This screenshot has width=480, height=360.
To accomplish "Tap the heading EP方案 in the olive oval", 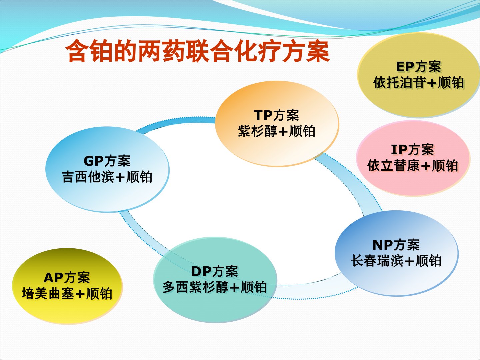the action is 419,67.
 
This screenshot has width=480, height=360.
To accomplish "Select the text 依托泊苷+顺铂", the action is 419,83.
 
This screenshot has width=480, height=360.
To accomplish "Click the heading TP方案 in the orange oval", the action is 276,115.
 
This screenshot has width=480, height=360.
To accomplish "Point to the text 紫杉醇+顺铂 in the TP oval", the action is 276,131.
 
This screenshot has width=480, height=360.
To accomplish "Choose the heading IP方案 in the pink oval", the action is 412,150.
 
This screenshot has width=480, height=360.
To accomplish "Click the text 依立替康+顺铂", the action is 412,165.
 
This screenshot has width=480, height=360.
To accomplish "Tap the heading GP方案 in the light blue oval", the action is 107,161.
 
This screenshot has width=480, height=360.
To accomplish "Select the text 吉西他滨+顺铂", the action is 107,177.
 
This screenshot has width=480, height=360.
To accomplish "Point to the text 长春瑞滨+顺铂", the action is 396,261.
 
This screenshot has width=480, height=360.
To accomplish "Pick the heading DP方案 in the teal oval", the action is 215,271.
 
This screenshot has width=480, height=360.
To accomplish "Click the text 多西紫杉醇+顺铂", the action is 215,287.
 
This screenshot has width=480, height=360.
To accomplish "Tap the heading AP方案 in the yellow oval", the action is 67,278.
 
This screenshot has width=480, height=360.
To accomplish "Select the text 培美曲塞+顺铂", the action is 67,293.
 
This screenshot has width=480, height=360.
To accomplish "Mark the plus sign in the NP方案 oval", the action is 409,261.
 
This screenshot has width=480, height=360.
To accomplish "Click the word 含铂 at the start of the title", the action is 89,51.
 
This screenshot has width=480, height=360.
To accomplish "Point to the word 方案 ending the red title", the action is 306,51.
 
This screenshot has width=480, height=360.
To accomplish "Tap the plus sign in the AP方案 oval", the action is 80,294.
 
